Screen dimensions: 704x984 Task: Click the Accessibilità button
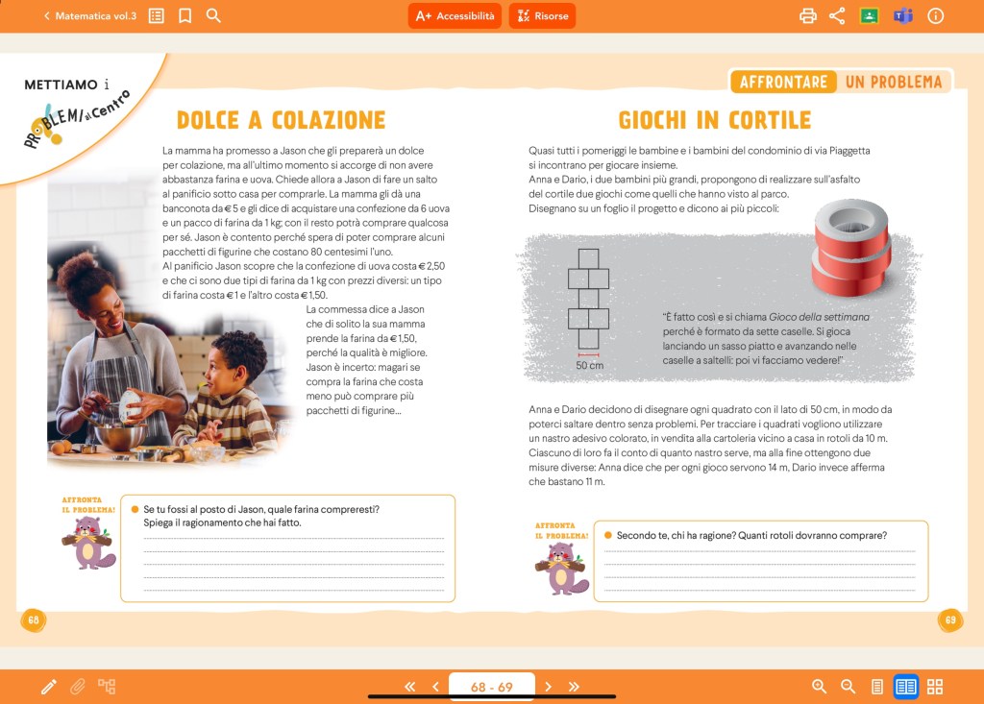455,16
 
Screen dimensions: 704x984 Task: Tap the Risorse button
542,16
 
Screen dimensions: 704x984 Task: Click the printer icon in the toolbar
808,16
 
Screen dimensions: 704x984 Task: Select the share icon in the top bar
837,16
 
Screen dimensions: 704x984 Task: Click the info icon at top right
935,16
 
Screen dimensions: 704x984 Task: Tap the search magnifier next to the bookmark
213,16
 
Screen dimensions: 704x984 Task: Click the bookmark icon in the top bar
184,16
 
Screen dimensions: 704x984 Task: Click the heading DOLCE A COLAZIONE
281,120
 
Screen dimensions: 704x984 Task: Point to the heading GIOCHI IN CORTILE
714,120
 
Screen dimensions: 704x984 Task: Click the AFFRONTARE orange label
784,83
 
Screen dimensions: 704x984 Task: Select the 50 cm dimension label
589,365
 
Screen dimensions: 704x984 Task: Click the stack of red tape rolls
851,249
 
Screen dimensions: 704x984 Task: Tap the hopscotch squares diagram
588,298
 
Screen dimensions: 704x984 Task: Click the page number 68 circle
34,620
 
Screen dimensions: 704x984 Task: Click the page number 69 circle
949,620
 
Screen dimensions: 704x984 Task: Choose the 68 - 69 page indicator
491,687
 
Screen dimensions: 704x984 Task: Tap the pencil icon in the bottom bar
49,687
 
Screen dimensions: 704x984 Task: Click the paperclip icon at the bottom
78,687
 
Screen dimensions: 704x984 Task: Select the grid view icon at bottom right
935,687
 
